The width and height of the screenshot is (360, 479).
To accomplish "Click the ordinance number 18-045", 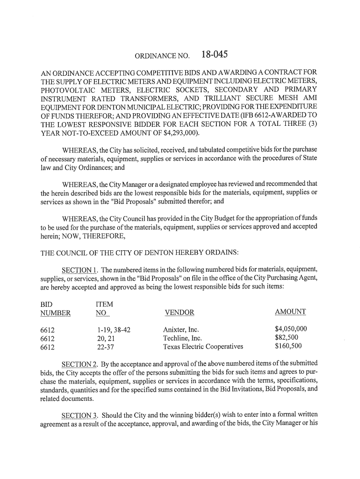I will pyautogui.click(x=215, y=55).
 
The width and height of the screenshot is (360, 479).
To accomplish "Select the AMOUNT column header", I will pyautogui.click(x=290, y=312).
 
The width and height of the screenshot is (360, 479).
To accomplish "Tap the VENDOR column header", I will pyautogui.click(x=180, y=312).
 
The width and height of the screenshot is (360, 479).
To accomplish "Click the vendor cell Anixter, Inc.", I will pyautogui.click(x=181, y=329).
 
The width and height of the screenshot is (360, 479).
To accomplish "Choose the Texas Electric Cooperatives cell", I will pyautogui.click(x=203, y=347).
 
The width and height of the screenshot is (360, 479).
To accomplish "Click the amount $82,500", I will pyautogui.click(x=287, y=337).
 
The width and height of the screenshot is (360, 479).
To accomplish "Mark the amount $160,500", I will pyautogui.click(x=288, y=346).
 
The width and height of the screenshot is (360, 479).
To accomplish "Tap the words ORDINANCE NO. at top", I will pyautogui.click(x=162, y=57).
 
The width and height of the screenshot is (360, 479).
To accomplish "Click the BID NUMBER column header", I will pyautogui.click(x=55, y=309).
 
